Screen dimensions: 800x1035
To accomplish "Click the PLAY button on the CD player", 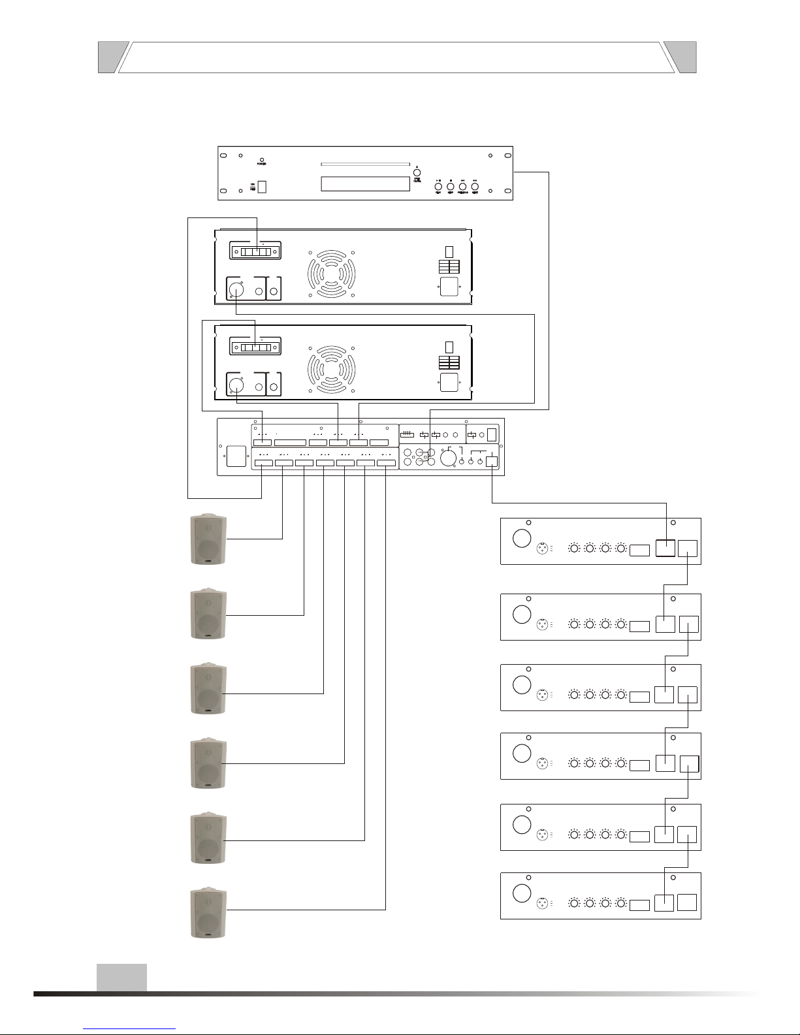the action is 438,187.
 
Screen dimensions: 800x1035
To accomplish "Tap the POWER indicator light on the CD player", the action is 263,159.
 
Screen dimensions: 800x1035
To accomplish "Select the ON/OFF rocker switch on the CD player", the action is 263,187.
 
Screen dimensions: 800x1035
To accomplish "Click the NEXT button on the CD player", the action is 475,187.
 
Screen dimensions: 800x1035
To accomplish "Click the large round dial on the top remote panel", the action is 521,539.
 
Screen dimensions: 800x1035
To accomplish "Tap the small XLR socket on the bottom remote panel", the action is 541,904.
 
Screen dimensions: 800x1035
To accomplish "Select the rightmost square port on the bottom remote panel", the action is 687,903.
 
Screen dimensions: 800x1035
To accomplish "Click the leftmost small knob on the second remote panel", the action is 574,624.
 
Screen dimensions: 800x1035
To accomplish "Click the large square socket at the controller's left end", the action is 234,456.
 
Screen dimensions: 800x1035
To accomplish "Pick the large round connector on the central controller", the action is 448,459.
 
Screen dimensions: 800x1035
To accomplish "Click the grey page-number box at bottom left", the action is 121,978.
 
